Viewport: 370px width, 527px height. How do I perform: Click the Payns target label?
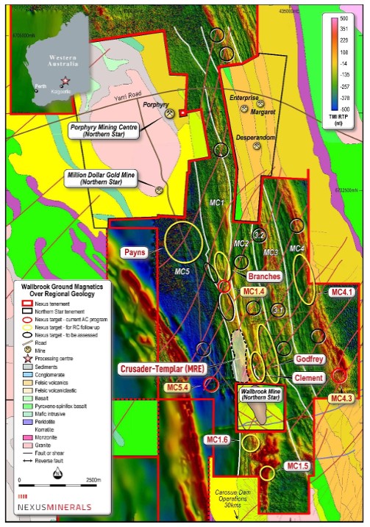(x=136, y=252)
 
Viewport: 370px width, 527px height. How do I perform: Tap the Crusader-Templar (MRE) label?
(x=166, y=368)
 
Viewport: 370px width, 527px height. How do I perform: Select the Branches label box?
(x=264, y=276)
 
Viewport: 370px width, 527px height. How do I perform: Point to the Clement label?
(x=308, y=377)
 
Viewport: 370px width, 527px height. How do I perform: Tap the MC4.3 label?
(x=342, y=398)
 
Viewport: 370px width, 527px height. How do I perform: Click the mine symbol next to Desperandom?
(x=257, y=146)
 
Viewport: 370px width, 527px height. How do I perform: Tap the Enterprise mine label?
(x=243, y=97)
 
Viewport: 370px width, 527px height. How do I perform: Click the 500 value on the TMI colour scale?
(x=344, y=18)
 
